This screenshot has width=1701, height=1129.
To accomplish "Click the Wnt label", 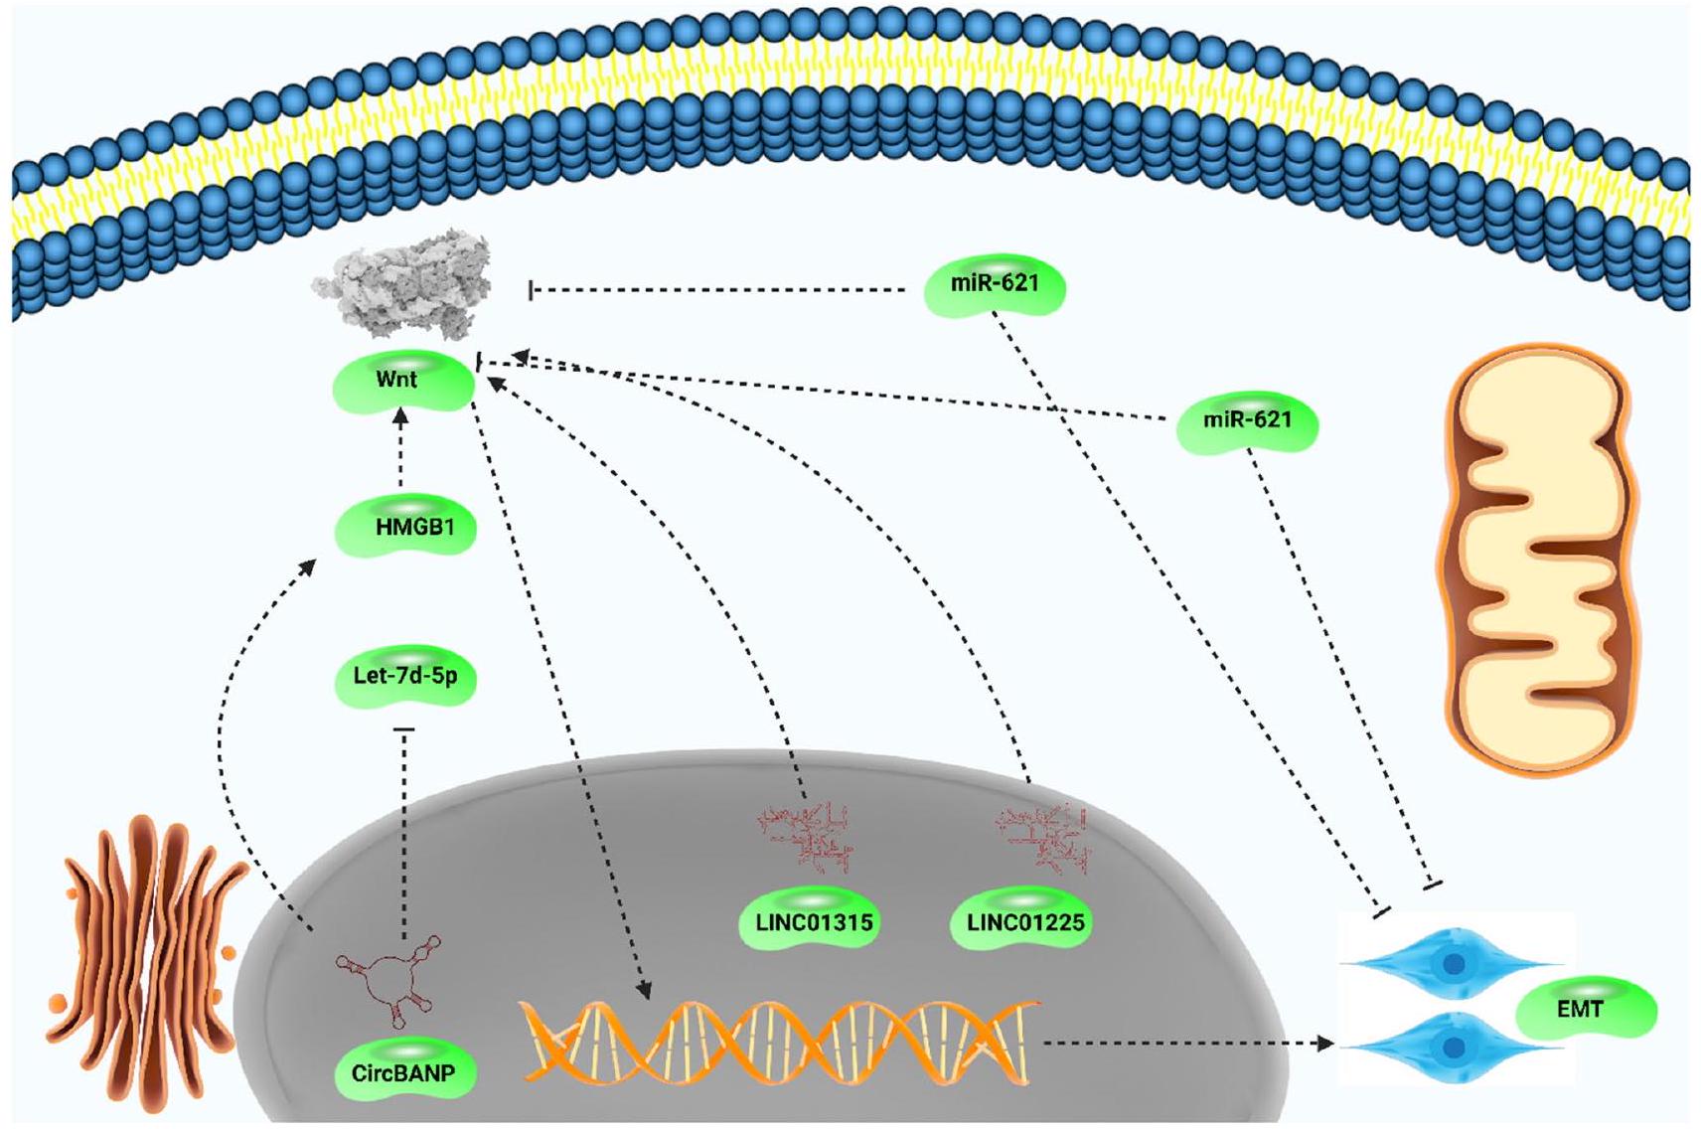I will click(397, 380).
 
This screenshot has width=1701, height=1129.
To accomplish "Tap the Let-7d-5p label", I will click(405, 677).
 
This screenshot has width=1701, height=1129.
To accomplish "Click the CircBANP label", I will click(403, 1073).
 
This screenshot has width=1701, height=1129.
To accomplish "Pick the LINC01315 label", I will click(814, 922).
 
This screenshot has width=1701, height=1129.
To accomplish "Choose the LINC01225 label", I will click(1025, 922).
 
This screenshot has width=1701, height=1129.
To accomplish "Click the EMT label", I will click(1580, 1010).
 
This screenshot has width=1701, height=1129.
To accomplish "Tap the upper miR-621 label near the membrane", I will click(995, 283).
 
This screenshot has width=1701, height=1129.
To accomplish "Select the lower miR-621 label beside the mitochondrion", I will click(1247, 420).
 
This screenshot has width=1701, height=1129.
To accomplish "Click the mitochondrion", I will click(1536, 559).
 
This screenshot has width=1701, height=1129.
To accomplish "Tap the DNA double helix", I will click(781, 1042).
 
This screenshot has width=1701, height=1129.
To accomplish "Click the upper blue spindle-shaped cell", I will click(1453, 963).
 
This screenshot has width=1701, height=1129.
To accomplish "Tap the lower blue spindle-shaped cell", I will click(1453, 1047).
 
